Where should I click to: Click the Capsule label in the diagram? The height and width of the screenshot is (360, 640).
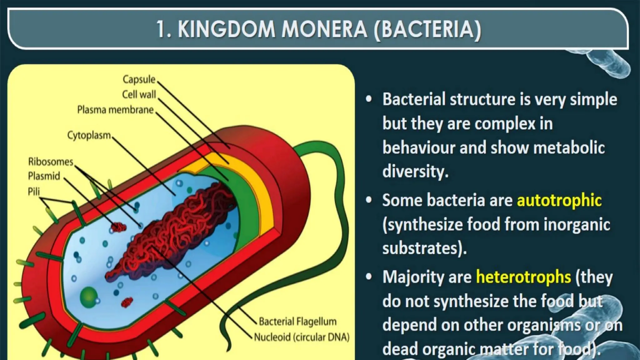139,79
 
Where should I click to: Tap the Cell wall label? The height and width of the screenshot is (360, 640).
139,94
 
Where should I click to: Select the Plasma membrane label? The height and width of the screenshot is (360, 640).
115,110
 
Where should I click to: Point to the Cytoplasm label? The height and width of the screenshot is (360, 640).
89,135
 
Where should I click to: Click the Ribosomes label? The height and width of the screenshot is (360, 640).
51,162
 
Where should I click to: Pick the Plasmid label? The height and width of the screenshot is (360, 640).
44,176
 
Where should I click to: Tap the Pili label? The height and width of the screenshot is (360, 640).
34,191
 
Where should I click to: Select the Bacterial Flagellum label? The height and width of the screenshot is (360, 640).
297,321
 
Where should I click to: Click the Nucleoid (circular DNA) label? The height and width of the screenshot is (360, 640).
302,337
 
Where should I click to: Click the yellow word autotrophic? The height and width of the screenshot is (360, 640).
559,200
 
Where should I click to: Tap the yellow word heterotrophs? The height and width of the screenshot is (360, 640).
523,277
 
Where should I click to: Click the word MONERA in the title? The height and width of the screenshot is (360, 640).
324,29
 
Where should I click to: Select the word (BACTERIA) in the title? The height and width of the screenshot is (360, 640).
427,29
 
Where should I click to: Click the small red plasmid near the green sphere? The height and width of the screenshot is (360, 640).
127,302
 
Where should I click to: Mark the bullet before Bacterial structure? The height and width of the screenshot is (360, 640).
369,99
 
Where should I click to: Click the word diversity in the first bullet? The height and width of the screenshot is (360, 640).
415,171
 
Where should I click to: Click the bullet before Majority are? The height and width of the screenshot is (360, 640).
369,277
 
